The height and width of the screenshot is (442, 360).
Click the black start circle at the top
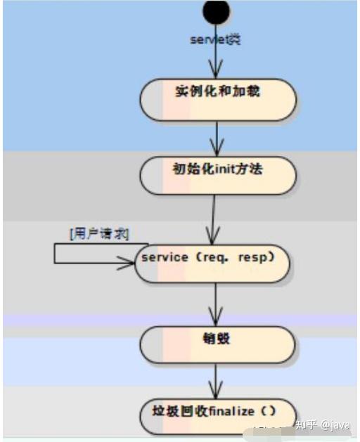[x=216, y=11]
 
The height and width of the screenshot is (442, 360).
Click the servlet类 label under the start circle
[x=215, y=39]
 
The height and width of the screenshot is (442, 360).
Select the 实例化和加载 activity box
[x=217, y=100]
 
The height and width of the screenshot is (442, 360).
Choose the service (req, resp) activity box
[x=212, y=264]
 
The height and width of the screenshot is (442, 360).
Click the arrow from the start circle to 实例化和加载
[x=216, y=60]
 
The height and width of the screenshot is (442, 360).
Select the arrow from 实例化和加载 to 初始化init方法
[x=217, y=139]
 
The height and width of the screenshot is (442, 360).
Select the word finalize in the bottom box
[x=233, y=411]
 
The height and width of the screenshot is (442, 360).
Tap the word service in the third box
[x=165, y=257]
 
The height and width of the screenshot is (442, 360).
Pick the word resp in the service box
[x=255, y=257]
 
